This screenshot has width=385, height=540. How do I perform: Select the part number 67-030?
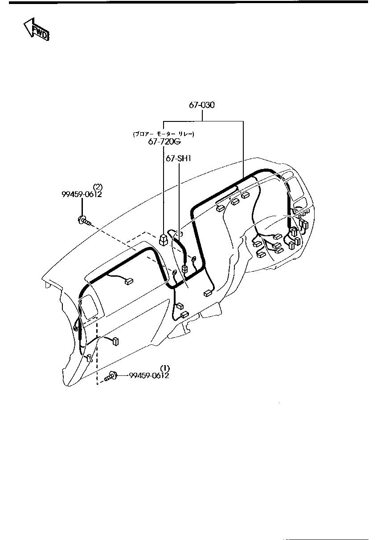201,105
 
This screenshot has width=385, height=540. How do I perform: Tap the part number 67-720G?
164,141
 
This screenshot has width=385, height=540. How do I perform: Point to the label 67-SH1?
178,158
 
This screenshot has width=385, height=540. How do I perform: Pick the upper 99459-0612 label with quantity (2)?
82,194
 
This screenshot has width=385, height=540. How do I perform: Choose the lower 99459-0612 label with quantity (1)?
149,375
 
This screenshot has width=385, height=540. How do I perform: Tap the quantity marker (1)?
165,368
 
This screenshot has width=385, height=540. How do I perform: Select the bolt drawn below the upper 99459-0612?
84,220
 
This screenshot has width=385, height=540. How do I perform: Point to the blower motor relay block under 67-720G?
164,240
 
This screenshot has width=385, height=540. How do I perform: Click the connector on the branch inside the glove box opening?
129,281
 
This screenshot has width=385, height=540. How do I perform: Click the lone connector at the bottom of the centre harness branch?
207,293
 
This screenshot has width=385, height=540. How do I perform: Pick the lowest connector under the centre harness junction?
184,315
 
